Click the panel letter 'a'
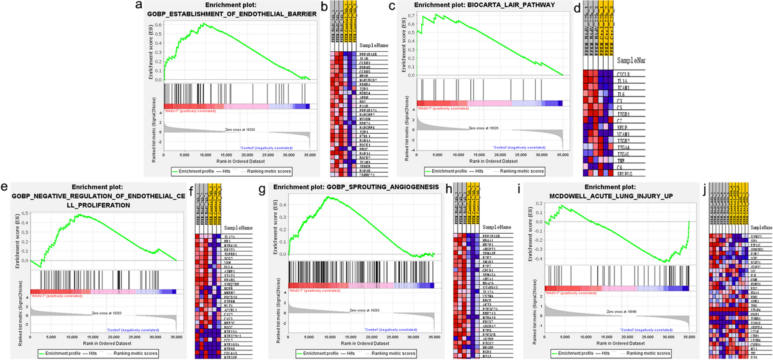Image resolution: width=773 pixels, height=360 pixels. point(139,5)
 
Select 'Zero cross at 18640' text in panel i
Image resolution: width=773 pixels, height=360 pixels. point(621,312)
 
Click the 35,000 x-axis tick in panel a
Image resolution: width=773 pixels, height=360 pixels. point(310,155)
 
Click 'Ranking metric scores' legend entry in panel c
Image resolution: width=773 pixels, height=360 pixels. point(521,171)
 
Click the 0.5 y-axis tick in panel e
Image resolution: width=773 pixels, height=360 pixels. point(25,214)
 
